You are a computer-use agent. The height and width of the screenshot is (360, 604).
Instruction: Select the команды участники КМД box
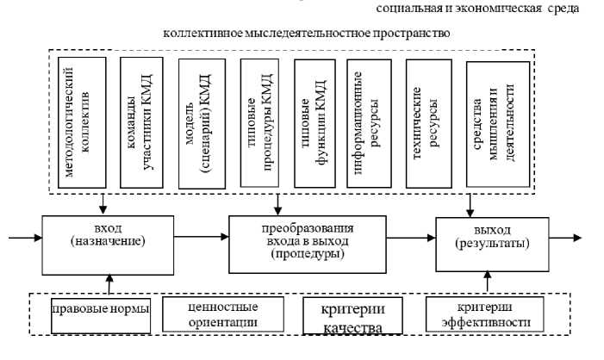click(x=141, y=120)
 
